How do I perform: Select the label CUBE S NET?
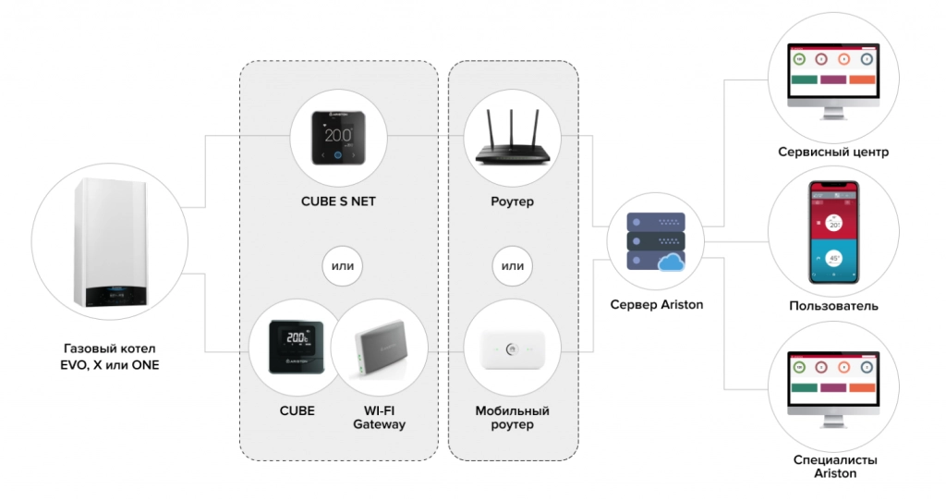tap(338, 202)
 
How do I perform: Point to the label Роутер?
tap(513, 202)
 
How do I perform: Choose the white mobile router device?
tap(512, 351)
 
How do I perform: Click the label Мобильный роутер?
tap(512, 417)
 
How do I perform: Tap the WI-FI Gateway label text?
tap(379, 417)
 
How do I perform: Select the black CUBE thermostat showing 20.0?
tap(295, 346)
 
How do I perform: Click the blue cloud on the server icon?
tap(672, 263)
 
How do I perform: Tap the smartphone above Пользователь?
tap(834, 231)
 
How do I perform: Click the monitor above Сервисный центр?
tap(833, 79)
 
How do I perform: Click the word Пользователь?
tap(834, 306)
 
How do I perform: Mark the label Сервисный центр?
tap(834, 152)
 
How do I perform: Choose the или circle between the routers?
tap(512, 267)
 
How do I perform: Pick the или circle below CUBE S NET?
tap(339, 267)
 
